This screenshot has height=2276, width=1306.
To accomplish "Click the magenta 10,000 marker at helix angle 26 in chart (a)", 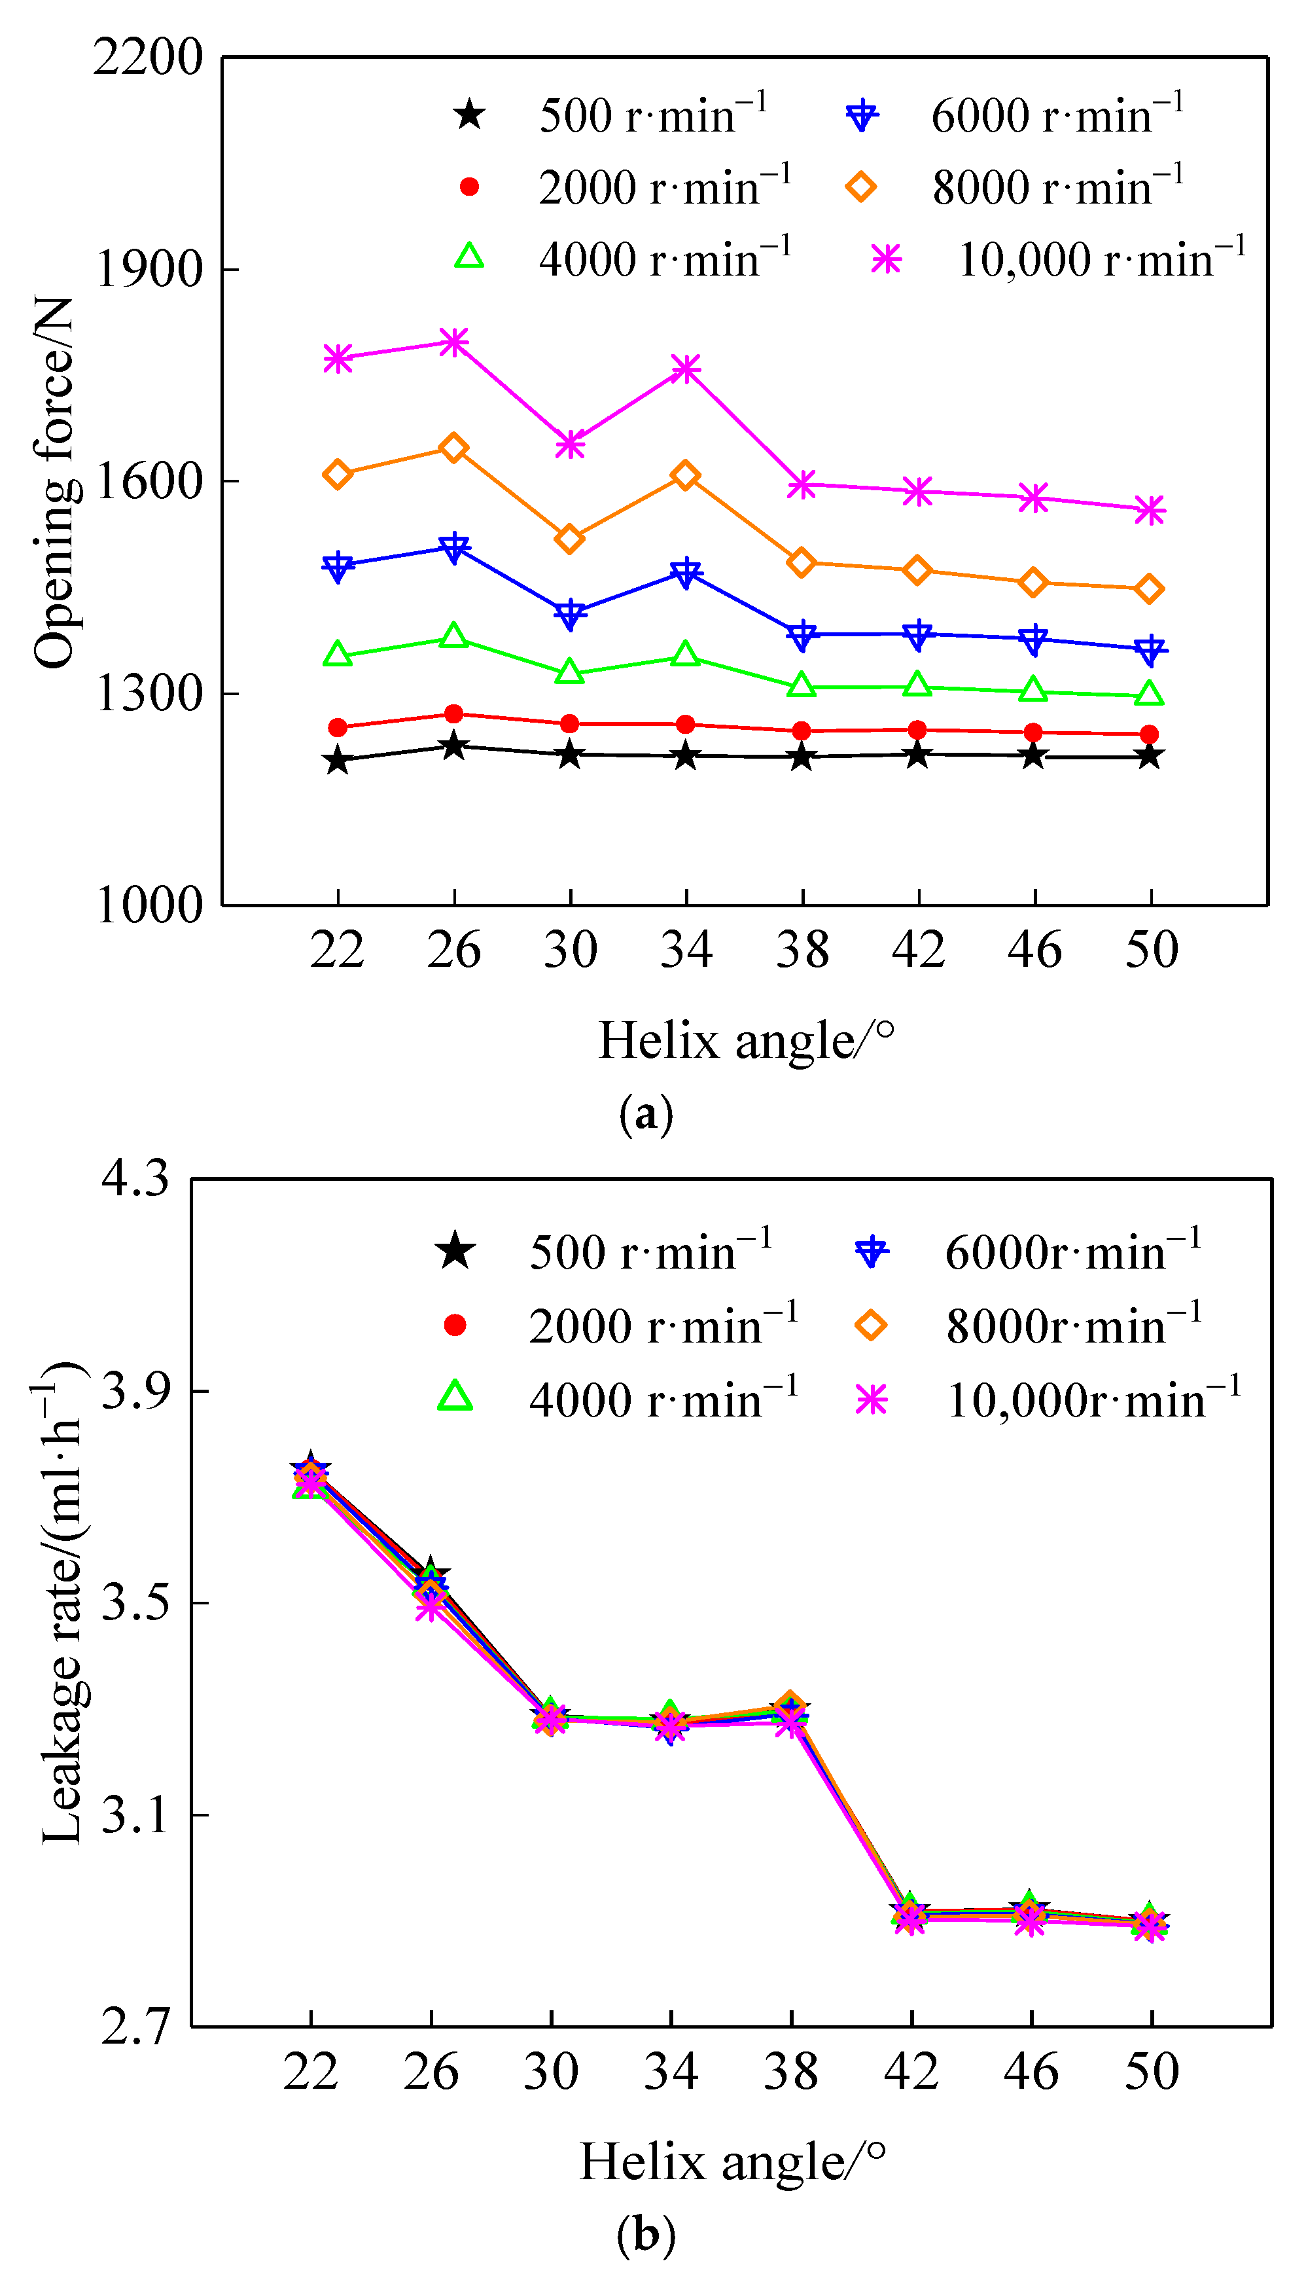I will (454, 342).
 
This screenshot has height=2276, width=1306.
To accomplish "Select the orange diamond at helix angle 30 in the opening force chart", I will (570, 539).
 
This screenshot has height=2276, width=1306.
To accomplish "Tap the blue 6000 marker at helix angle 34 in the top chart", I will (686, 572).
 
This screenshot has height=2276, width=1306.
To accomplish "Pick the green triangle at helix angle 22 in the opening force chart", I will (337, 654).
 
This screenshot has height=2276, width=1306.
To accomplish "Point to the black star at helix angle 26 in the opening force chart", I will (454, 746).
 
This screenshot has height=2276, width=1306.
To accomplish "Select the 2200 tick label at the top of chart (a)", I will (148, 58).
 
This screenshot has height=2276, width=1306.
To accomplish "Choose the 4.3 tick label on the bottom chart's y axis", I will (135, 1178).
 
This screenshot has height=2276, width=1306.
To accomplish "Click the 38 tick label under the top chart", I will (802, 950).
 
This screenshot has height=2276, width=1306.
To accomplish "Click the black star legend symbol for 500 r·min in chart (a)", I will (469, 115).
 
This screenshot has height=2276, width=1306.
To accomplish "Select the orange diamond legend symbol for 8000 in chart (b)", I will (871, 1325).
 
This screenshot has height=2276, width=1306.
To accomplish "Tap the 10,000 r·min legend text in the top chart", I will (1101, 260).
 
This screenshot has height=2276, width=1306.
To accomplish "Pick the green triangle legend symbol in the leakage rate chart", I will (455, 1397).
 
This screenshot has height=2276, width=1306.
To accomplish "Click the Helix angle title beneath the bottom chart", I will (733, 2162).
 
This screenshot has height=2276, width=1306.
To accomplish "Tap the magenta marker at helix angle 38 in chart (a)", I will (802, 484).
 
